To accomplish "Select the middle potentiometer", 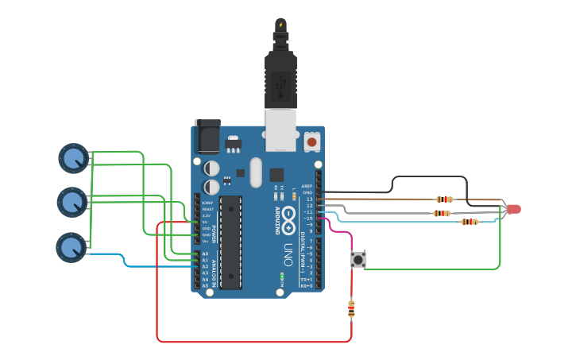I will pyautogui.click(x=72, y=202).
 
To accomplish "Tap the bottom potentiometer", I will pyautogui.click(x=70, y=246).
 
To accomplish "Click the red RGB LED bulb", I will pyautogui.click(x=513, y=209).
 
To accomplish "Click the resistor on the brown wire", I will pyautogui.click(x=444, y=199).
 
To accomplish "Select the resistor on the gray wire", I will pyautogui.click(x=441, y=213).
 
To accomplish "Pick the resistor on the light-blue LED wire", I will pyautogui.click(x=470, y=222).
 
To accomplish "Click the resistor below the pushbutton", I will pyautogui.click(x=351, y=309).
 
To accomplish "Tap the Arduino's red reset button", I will pyautogui.click(x=311, y=141).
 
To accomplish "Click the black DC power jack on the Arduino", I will pyautogui.click(x=207, y=136).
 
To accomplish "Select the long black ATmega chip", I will pyautogui.click(x=230, y=240).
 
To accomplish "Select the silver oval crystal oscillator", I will pyautogui.click(x=255, y=172).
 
